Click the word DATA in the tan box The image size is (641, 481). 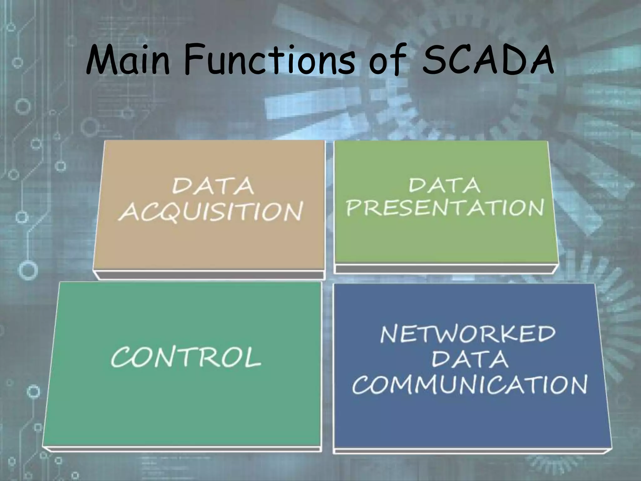tap(213, 186)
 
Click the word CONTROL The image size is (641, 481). tap(186, 357)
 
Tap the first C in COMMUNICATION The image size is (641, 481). tap(362, 385)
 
